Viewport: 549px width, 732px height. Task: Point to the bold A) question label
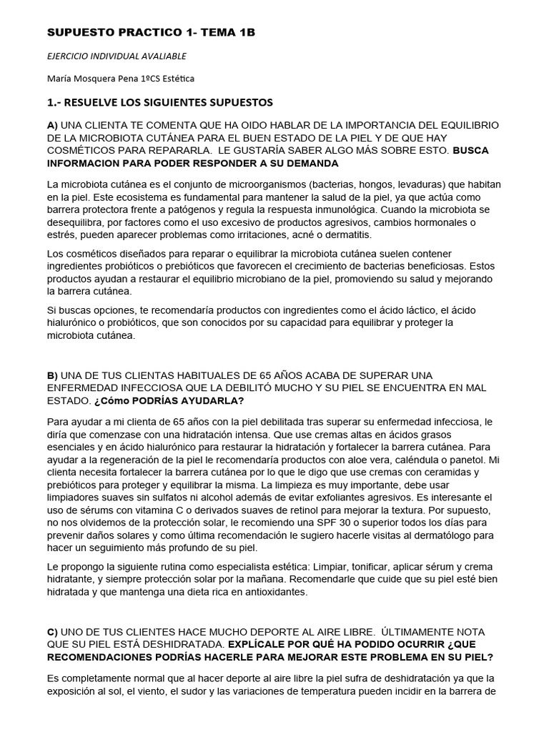[x=52, y=126]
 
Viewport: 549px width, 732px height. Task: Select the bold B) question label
[x=52, y=375]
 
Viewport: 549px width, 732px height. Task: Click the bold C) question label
[x=52, y=632]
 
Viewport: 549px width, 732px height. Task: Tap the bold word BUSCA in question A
[x=475, y=151]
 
